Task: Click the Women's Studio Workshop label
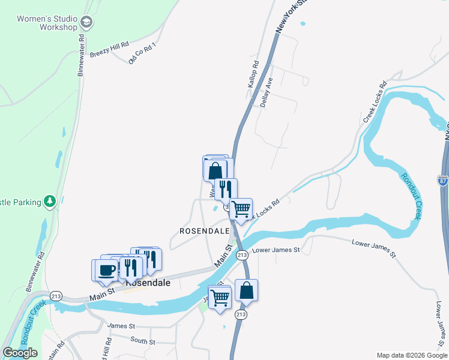coord(47,23)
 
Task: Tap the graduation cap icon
coord(86,23)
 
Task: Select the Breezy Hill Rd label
coord(109,49)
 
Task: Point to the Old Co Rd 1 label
coord(142,53)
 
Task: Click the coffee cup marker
coord(106,269)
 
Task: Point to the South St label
coord(143,341)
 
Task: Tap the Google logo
coord(20,353)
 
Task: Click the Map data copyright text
coord(411,355)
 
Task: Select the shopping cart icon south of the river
coord(220,296)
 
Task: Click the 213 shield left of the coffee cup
coord(56,296)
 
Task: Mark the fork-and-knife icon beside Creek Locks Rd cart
coord(226,188)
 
